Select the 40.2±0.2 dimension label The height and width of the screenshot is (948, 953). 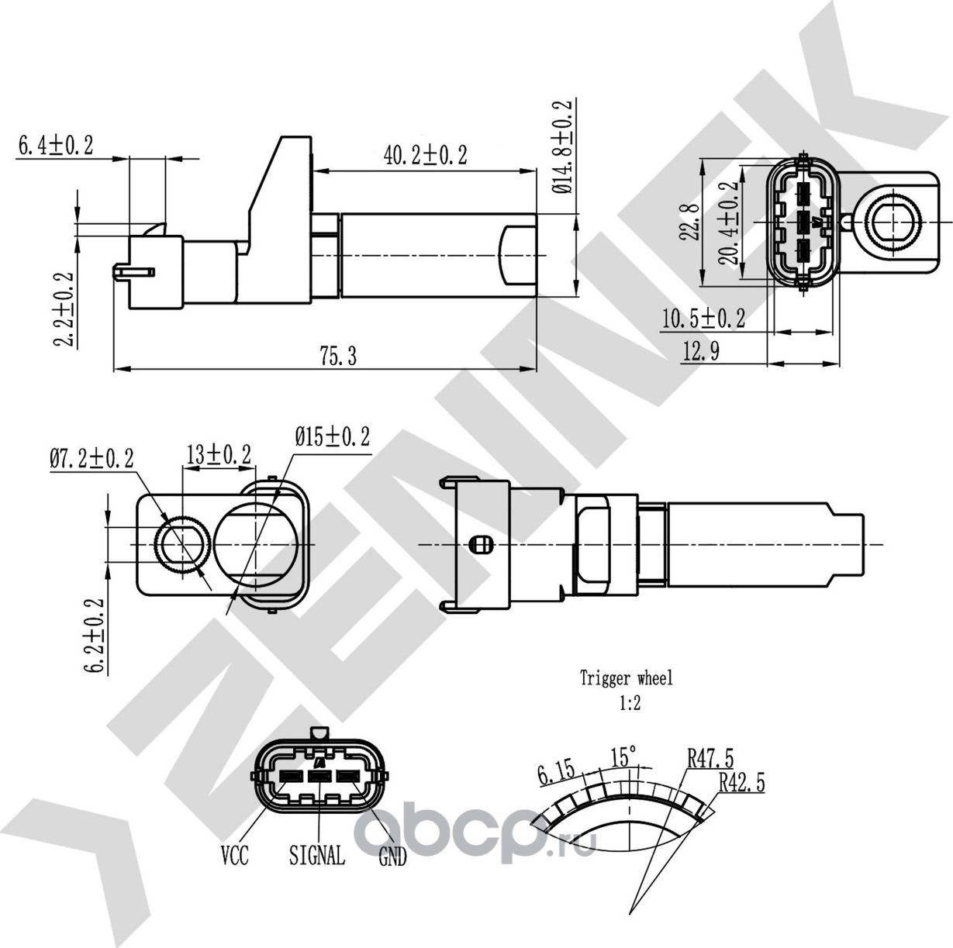425,155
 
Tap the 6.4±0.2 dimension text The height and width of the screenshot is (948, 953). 55,145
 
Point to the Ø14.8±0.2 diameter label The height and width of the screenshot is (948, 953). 562,146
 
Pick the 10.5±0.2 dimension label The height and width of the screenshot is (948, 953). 703,318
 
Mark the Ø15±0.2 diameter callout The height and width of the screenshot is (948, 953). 332,437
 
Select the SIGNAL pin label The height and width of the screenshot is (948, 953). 316,856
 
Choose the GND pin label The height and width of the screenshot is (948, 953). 392,858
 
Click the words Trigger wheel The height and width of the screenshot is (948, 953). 627,679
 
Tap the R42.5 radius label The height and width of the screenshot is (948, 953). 741,783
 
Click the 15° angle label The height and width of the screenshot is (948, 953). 623,755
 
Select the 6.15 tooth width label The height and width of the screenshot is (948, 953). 555,773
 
